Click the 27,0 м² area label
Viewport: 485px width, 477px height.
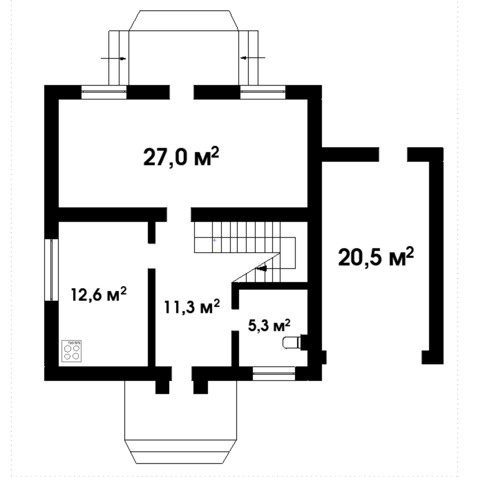(x=181, y=157)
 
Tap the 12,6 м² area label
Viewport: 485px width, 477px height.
(x=99, y=294)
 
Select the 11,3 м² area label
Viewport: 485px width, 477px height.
(x=192, y=306)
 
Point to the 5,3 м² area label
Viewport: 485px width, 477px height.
(x=269, y=325)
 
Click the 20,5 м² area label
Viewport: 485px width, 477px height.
(x=376, y=257)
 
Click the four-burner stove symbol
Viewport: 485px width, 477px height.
(x=72, y=351)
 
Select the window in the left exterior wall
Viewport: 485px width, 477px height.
(x=51, y=270)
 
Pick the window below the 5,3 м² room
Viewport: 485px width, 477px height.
(x=274, y=373)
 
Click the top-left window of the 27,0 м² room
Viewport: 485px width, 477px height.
(x=104, y=92)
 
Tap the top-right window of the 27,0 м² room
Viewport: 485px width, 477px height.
(x=263, y=92)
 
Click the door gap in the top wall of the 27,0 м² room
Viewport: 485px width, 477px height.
(x=182, y=92)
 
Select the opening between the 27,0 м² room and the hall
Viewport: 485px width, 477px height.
(x=179, y=215)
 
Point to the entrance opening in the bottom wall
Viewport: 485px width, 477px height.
(x=182, y=373)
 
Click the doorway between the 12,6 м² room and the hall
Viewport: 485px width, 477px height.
(x=152, y=256)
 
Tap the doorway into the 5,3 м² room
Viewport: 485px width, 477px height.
(x=235, y=320)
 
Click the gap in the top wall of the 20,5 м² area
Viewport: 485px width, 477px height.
(x=393, y=154)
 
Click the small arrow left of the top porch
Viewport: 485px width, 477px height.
(x=113, y=58)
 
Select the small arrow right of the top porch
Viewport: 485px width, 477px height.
(x=253, y=57)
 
